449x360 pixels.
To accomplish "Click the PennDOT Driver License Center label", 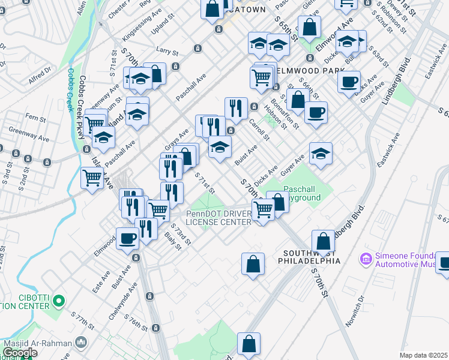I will tap(218, 218).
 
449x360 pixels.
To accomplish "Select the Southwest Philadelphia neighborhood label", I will tap(309, 257).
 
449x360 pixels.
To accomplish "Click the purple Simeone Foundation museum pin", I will tap(366, 259).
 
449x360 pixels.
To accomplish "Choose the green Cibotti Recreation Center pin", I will tap(58, 299).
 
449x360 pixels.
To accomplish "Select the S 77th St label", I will tap(82, 320).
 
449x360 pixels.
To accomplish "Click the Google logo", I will tap(20, 353).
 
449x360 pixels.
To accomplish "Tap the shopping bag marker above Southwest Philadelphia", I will tap(323, 241).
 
